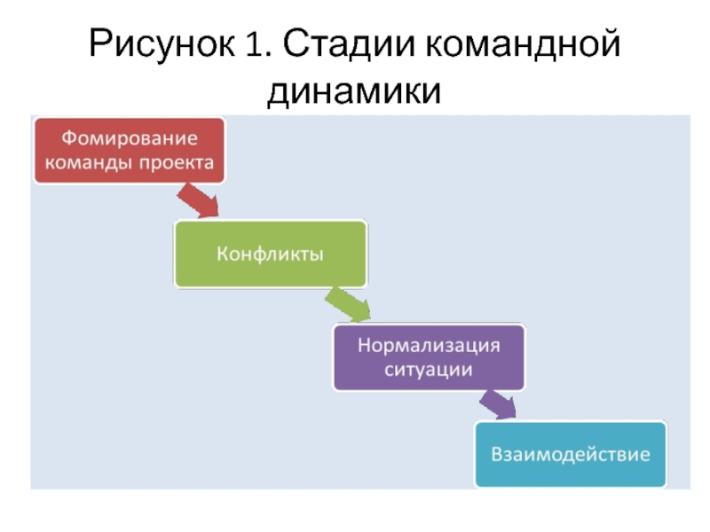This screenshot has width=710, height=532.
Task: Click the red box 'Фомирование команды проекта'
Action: tap(130, 151)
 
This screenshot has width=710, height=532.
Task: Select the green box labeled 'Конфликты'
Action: tap(271, 254)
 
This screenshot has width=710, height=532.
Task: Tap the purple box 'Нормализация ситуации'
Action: tap(429, 357)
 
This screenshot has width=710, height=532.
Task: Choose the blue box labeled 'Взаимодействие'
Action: tap(571, 454)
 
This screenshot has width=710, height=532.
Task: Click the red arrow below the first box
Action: tap(198, 200)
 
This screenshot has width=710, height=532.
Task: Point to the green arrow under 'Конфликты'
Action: tap(348, 304)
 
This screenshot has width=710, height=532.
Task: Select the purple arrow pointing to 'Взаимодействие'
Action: tap(498, 404)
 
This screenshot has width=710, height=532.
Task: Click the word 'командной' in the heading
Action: tap(523, 43)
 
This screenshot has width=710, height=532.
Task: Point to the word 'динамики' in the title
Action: tap(354, 90)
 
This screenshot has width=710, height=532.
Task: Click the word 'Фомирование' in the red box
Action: tap(130, 138)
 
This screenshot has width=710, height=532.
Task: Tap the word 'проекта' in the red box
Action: tap(176, 163)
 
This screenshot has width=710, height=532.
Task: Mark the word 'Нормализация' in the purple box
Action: tap(429, 345)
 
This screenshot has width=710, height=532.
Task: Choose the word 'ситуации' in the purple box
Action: tap(429, 370)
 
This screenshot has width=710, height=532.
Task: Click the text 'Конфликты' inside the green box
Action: tap(271, 254)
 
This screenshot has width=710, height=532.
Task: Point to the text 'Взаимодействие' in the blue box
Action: tap(571, 454)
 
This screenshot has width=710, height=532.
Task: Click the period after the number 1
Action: tap(268, 55)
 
